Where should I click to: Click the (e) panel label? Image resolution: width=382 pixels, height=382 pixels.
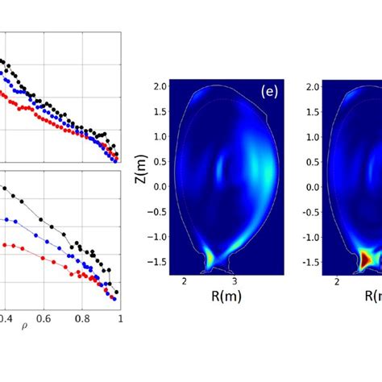coord(269,92)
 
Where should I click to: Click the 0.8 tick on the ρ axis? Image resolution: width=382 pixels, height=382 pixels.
coord(83,318)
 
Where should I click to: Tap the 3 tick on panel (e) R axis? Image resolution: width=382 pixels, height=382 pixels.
coord(235,281)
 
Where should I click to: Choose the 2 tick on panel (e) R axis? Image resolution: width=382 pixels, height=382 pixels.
coord(185,281)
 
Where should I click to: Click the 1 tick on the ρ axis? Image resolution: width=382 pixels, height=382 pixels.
coord(120,318)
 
